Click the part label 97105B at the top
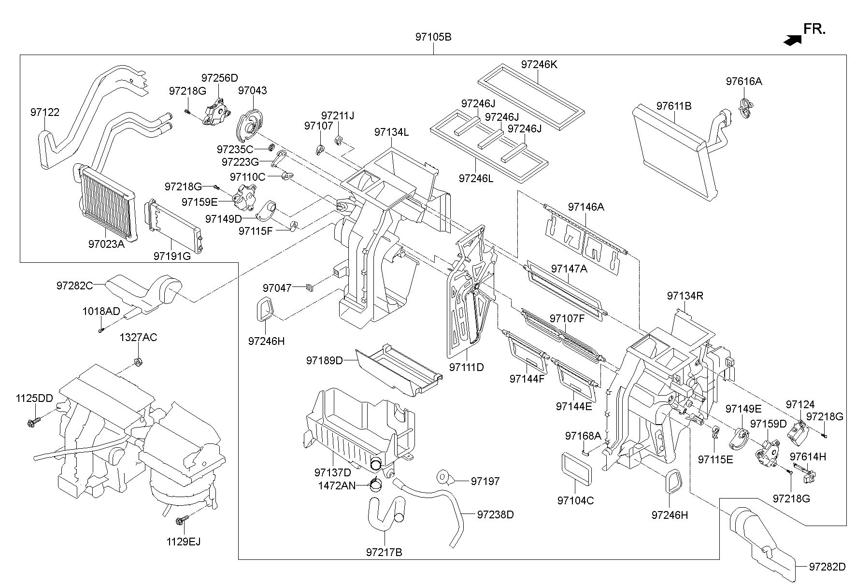coord(433,37)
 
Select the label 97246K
coord(539,64)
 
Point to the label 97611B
coord(673,106)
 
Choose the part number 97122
coord(45,113)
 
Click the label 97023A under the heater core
coord(106,244)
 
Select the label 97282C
coord(74,285)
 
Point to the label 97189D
coord(324,360)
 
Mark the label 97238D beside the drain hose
coord(496,515)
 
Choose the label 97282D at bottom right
coord(827,567)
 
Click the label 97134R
coord(685,296)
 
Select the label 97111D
coord(466,367)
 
